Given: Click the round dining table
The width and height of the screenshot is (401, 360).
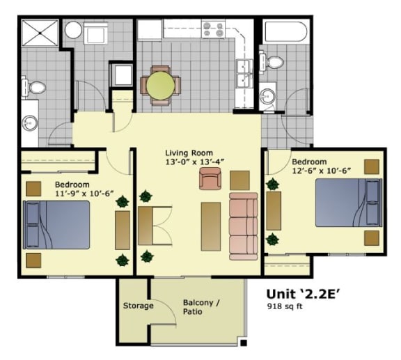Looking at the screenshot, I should click(x=161, y=86).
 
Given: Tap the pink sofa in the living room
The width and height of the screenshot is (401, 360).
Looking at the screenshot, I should click(x=243, y=225).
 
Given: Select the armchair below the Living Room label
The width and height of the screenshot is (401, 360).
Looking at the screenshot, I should click(x=209, y=180).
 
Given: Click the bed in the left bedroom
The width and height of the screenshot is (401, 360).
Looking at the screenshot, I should click(x=57, y=224).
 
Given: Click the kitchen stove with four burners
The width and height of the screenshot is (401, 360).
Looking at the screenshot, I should click(x=214, y=30).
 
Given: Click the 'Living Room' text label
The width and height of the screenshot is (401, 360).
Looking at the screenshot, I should click(x=189, y=152).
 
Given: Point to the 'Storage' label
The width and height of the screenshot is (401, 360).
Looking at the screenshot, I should click(x=138, y=306).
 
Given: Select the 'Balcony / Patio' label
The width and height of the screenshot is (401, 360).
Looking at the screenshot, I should click(x=202, y=307).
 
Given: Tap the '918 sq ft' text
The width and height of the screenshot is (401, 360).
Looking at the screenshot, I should click(x=285, y=306).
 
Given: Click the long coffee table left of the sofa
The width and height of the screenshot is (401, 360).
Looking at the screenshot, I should click(x=211, y=226).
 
